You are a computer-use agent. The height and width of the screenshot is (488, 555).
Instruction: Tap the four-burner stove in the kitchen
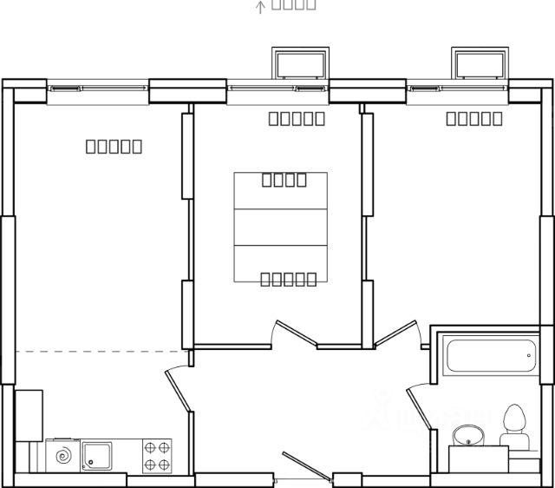coord(157,456)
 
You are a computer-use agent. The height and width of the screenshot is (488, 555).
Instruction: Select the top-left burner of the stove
coord(150,448)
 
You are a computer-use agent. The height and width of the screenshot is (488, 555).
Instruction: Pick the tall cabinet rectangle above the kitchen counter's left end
coord(29,414)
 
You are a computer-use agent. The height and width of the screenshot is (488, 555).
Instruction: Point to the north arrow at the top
coord(259,7)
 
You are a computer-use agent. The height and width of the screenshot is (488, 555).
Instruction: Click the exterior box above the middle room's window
coord(300,63)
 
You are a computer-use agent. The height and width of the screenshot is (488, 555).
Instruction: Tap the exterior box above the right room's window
coord(480,63)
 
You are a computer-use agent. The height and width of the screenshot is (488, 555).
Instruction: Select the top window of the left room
coord(98,89)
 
